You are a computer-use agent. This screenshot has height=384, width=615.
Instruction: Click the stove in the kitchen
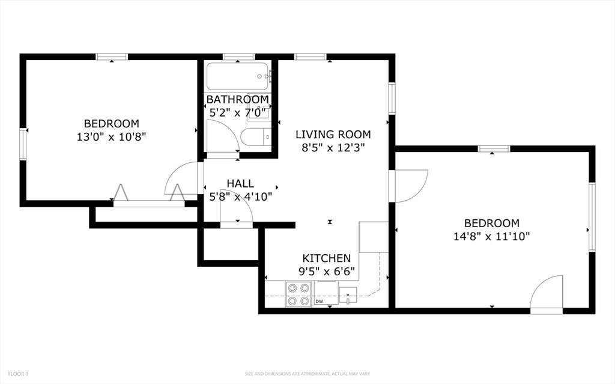click(298, 294)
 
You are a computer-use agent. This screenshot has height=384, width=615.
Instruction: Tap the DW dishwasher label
click(320, 302)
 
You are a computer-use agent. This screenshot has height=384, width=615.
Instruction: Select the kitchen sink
click(348, 296)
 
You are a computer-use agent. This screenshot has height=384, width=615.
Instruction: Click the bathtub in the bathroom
click(237, 76)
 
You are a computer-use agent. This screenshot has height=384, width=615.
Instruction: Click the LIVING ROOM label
click(333, 135)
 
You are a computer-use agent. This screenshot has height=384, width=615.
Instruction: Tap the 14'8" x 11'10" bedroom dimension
click(492, 236)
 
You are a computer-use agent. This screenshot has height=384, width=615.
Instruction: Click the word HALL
click(240, 183)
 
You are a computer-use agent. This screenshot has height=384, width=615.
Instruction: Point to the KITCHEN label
click(326, 258)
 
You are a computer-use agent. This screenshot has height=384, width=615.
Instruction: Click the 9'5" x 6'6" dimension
click(327, 271)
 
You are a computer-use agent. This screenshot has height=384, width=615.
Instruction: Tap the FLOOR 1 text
click(18, 374)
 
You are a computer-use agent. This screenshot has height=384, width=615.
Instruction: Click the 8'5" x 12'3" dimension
click(333, 148)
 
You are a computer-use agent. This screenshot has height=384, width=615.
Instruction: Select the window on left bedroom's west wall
click(23, 144)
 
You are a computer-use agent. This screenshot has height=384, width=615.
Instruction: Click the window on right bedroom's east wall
click(592, 216)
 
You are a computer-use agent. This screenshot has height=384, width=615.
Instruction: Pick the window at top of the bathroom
click(239, 57)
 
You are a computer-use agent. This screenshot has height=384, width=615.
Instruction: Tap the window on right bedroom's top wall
click(494, 149)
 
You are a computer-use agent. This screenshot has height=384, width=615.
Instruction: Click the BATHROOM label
click(238, 99)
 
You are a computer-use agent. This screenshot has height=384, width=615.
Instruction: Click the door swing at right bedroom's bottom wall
click(547, 294)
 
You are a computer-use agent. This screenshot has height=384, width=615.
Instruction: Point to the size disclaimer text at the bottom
click(307, 374)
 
